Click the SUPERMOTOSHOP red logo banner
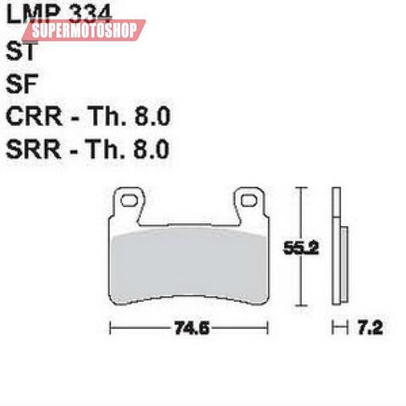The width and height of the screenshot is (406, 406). pyautogui.click(x=84, y=31)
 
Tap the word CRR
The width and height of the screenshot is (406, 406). pyautogui.click(x=34, y=116)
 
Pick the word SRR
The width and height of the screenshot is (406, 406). pyautogui.click(x=34, y=149)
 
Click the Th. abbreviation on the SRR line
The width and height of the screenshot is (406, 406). pyautogui.click(x=114, y=149)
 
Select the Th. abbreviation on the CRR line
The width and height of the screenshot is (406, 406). pyautogui.click(x=114, y=116)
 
